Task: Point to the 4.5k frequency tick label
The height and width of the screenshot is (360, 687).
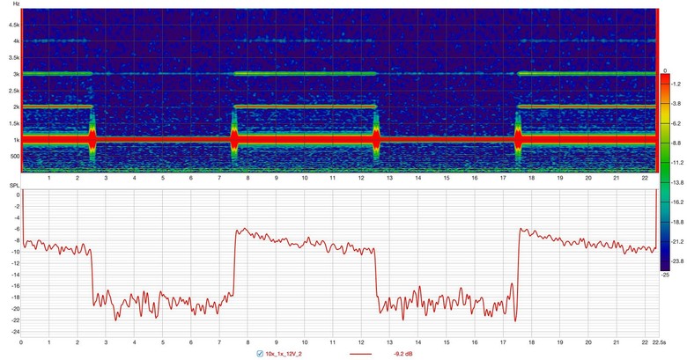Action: [x=13, y=25]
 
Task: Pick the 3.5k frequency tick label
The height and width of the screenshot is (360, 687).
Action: [x=13, y=57]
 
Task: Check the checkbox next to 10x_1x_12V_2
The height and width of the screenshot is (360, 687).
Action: [x=258, y=354]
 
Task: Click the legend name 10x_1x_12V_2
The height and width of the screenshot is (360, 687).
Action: [x=287, y=354]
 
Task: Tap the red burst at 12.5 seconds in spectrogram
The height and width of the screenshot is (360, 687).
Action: [x=376, y=139]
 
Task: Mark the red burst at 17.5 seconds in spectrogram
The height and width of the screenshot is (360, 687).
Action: [x=518, y=139]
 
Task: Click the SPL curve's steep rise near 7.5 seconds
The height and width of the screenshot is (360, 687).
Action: [x=234, y=264]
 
